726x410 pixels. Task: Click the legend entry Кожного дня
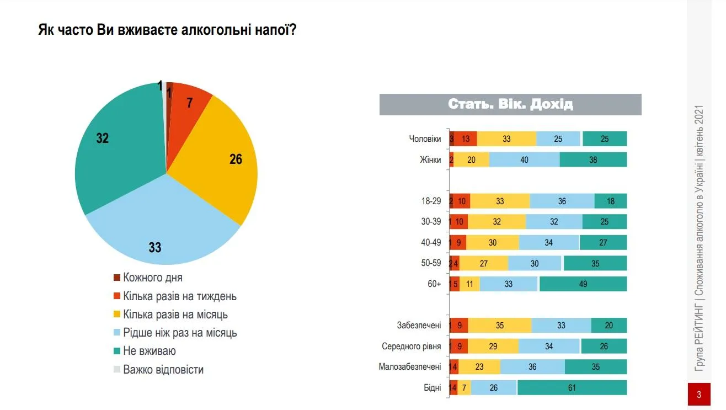pos(152,278)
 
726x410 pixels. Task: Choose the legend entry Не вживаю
pos(149,351)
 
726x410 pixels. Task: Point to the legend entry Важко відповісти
pos(163,370)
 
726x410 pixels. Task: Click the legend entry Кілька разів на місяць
pos(175,315)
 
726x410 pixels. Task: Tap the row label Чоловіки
pos(425,139)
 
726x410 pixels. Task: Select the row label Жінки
pos(430,160)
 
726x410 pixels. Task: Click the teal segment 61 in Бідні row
pos(572,388)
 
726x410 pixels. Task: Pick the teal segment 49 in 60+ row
pos(583,284)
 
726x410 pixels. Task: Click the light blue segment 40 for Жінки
pos(524,160)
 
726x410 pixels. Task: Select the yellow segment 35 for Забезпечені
pos(500,326)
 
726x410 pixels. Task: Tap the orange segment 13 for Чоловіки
pos(466,139)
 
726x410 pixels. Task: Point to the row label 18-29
pos(431,201)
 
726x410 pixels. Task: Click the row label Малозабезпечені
pos(410,367)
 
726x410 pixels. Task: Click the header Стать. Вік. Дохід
pos(510,104)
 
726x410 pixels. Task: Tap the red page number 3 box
pos(699,395)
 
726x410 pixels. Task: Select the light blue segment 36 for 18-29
pos(562,201)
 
